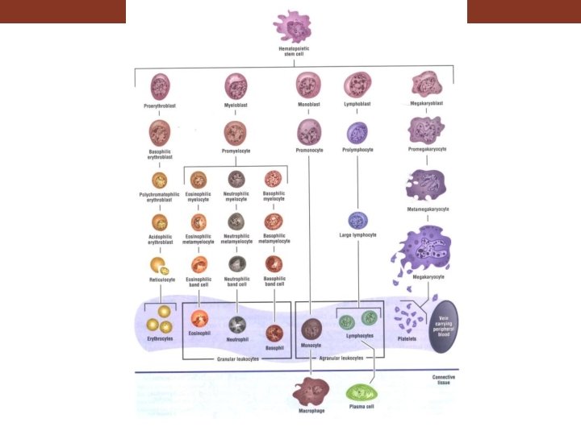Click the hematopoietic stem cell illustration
[292, 27]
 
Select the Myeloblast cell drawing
[236, 86]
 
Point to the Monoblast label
[308, 106]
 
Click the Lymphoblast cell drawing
[357, 85]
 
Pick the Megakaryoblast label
[425, 103]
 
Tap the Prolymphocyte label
[357, 150]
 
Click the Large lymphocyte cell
[357, 220]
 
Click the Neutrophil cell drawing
[236, 323]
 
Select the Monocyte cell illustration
[311, 329]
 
